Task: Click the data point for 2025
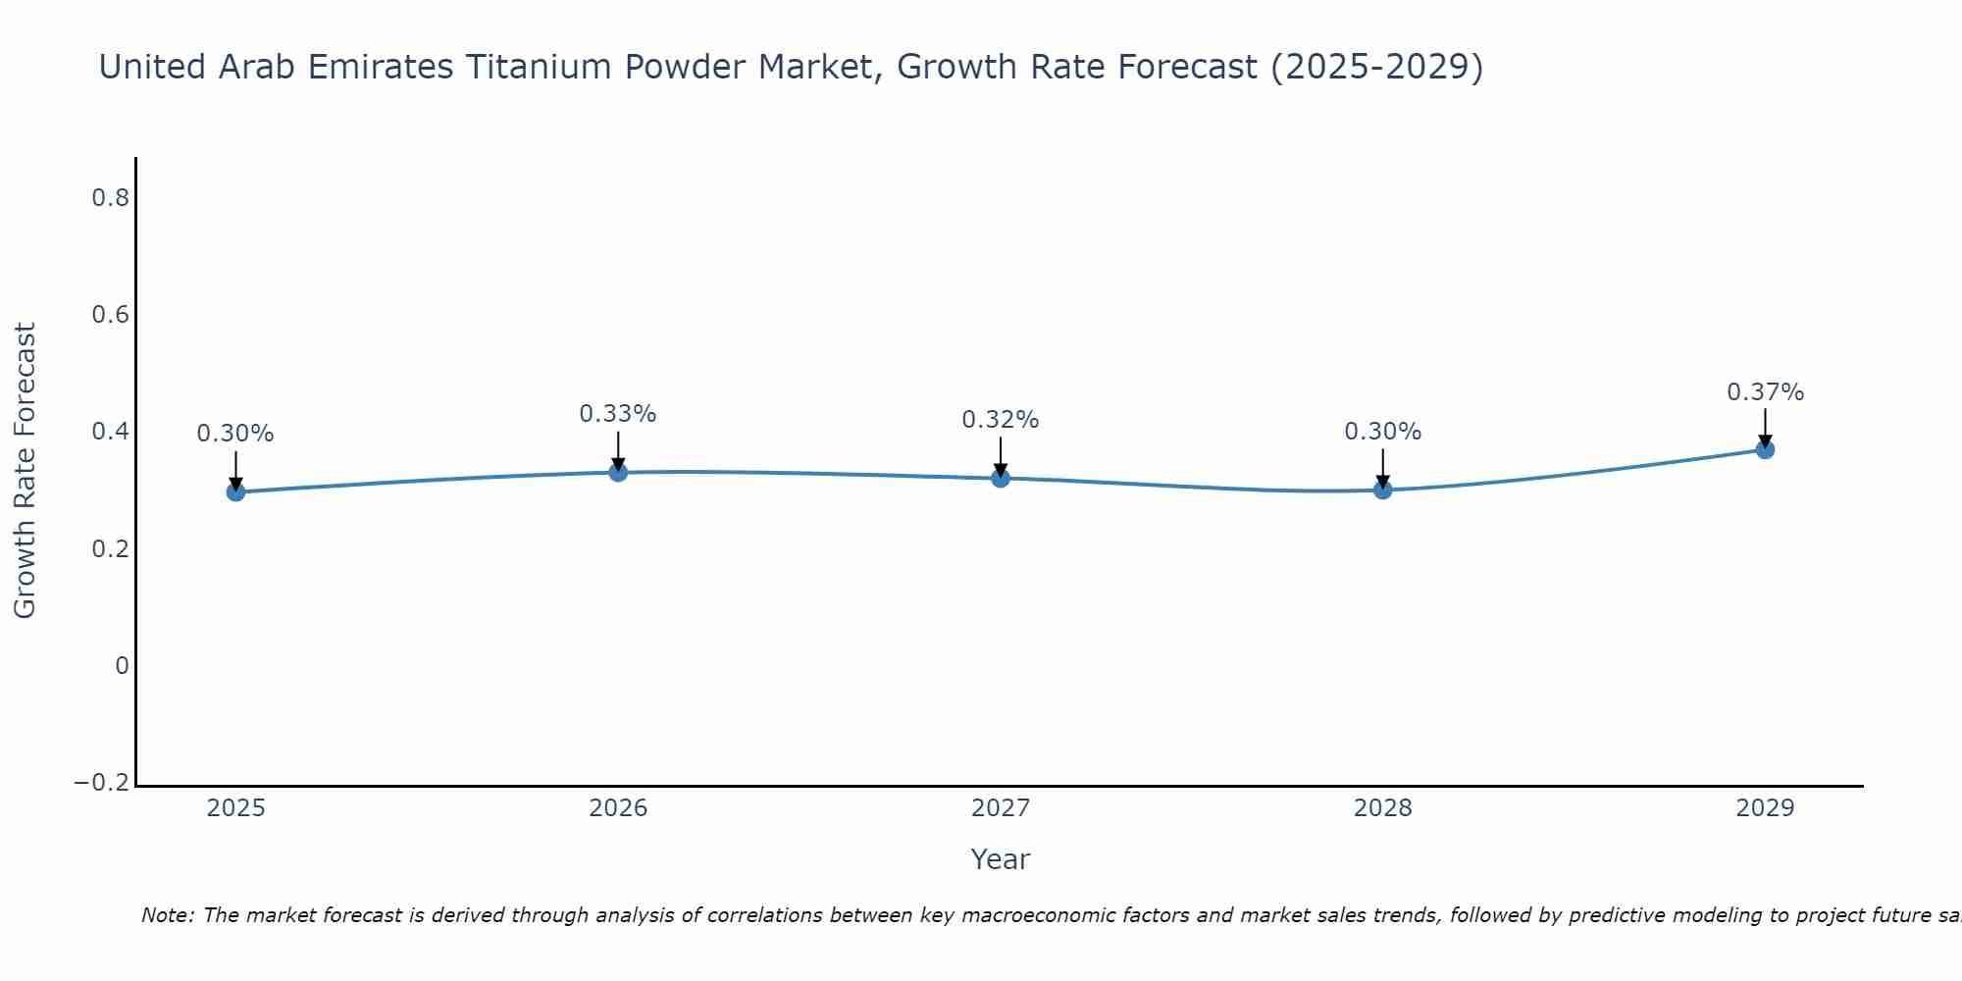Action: tap(235, 491)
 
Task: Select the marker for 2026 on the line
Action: tap(618, 472)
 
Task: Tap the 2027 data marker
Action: tap(1001, 478)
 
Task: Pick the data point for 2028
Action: tap(1383, 490)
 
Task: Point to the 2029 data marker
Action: tap(1765, 449)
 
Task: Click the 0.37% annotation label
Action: tap(1765, 392)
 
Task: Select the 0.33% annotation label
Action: tap(617, 414)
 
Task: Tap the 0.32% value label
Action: tap(1000, 420)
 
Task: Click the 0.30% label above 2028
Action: tap(1382, 432)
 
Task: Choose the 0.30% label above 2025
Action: tap(235, 434)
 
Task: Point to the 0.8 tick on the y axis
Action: tap(110, 198)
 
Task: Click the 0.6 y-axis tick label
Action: tap(110, 315)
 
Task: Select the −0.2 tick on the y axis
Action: tap(101, 783)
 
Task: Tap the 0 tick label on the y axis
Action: tap(122, 666)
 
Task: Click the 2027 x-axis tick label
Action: tap(1001, 808)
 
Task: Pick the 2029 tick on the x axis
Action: tap(1765, 808)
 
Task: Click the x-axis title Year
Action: tap(1000, 859)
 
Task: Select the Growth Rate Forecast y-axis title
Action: tap(25, 470)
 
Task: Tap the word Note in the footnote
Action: tap(167, 915)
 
